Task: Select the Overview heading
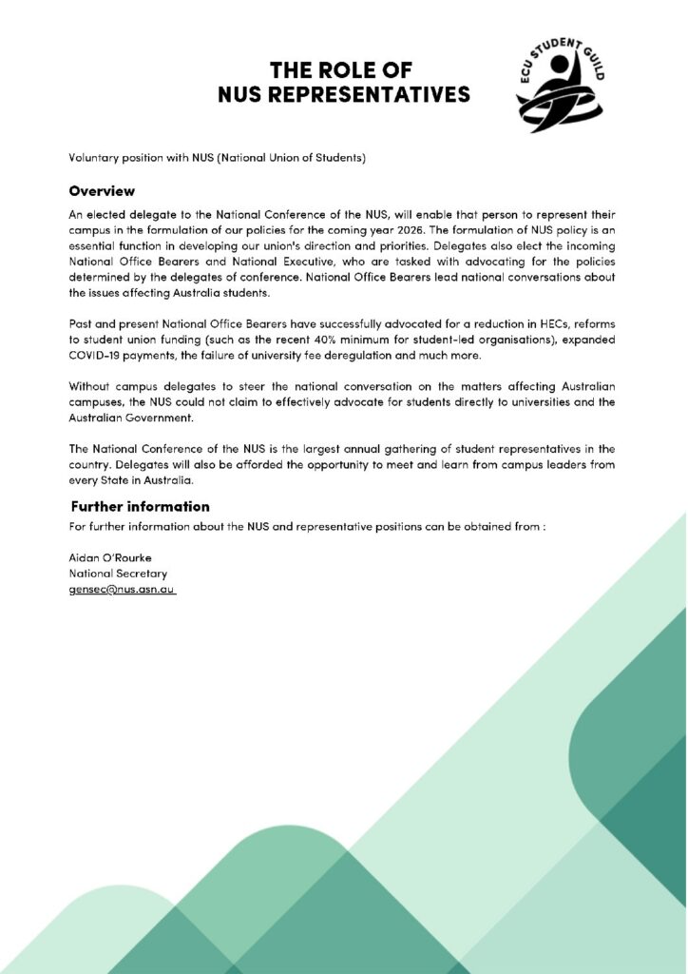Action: point(102,191)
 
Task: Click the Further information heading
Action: point(140,506)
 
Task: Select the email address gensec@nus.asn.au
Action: point(122,590)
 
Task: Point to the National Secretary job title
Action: point(118,574)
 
